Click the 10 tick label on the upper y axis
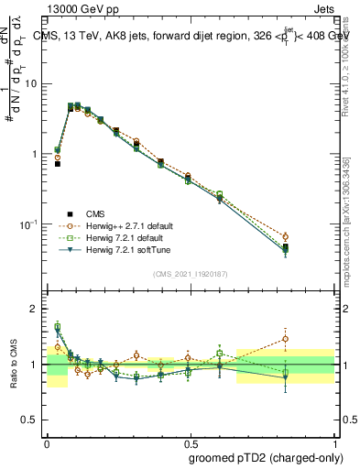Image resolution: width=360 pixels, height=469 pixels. tap(31, 83)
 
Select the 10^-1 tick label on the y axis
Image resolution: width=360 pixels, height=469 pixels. tap(28, 224)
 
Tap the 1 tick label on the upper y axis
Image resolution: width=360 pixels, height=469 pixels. tap(35, 154)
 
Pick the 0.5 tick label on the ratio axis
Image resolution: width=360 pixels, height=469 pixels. tap(29, 420)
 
